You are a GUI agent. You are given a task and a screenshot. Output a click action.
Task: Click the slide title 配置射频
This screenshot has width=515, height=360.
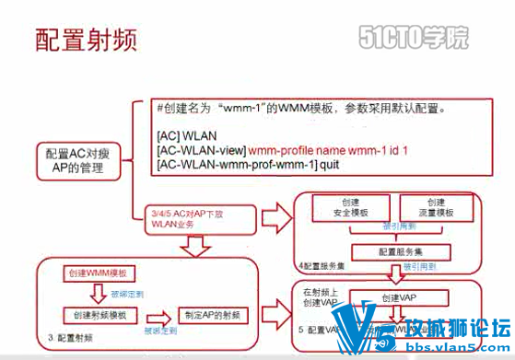[87, 39]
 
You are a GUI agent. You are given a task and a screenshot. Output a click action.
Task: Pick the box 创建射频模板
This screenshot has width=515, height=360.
[96, 314]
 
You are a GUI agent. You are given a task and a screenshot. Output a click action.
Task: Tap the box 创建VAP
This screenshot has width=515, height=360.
[402, 298]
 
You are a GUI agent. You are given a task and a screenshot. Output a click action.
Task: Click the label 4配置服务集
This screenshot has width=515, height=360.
[323, 268]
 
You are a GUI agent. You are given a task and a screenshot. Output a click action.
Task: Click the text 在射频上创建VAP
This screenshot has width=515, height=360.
[321, 298]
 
